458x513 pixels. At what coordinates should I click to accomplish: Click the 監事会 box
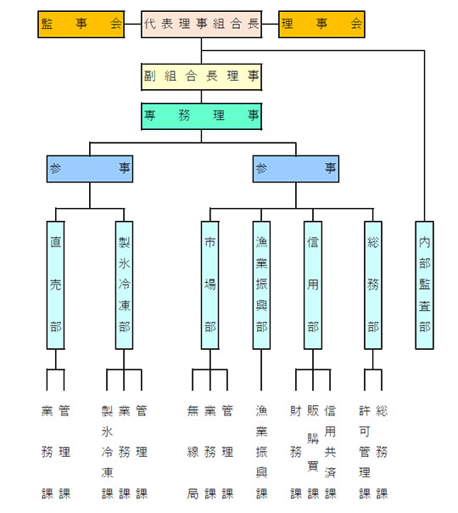coord(81,25)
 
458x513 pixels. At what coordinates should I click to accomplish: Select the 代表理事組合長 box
coord(201,25)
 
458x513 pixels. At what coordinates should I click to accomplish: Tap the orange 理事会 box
coord(321,25)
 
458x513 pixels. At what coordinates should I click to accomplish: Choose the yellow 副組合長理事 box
coord(201,77)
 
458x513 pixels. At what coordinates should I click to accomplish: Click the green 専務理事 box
coord(201,116)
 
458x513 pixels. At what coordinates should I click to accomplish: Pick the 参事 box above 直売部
coord(90,169)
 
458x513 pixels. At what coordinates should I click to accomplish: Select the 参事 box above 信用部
coord(296,169)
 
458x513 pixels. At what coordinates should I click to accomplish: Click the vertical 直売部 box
coord(55,285)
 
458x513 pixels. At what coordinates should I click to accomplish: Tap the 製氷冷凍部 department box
coord(124,285)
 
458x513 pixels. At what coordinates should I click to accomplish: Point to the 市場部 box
coord(210,285)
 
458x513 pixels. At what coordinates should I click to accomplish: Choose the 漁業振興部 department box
coord(261,285)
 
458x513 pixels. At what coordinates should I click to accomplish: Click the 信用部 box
coord(313,285)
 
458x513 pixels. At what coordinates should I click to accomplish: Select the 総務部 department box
coord(373,285)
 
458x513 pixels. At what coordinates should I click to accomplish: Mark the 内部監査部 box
coord(425,285)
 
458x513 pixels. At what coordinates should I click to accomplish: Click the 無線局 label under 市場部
coord(193,452)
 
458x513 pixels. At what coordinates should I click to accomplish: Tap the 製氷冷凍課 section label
coord(107,452)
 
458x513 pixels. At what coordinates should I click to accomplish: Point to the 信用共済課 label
coord(330,452)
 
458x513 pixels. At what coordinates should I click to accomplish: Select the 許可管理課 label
coord(365,452)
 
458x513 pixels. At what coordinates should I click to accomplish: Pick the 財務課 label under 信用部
coord(296,452)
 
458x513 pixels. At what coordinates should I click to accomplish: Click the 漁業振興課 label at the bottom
coord(262,452)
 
